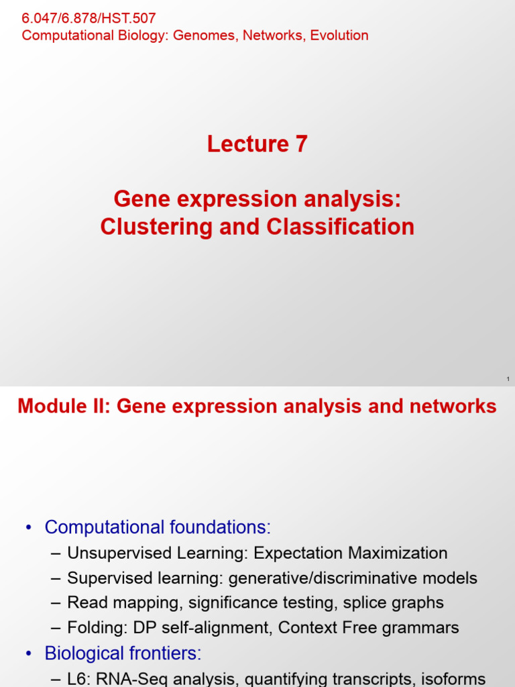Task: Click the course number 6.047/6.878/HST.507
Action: pyautogui.click(x=89, y=18)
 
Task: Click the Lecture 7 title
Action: pyautogui.click(x=257, y=144)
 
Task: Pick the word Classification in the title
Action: pyautogui.click(x=341, y=227)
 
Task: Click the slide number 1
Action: pyautogui.click(x=508, y=380)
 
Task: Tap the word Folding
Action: pyautogui.click(x=93, y=628)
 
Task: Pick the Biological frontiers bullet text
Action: pyautogui.click(x=123, y=653)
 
